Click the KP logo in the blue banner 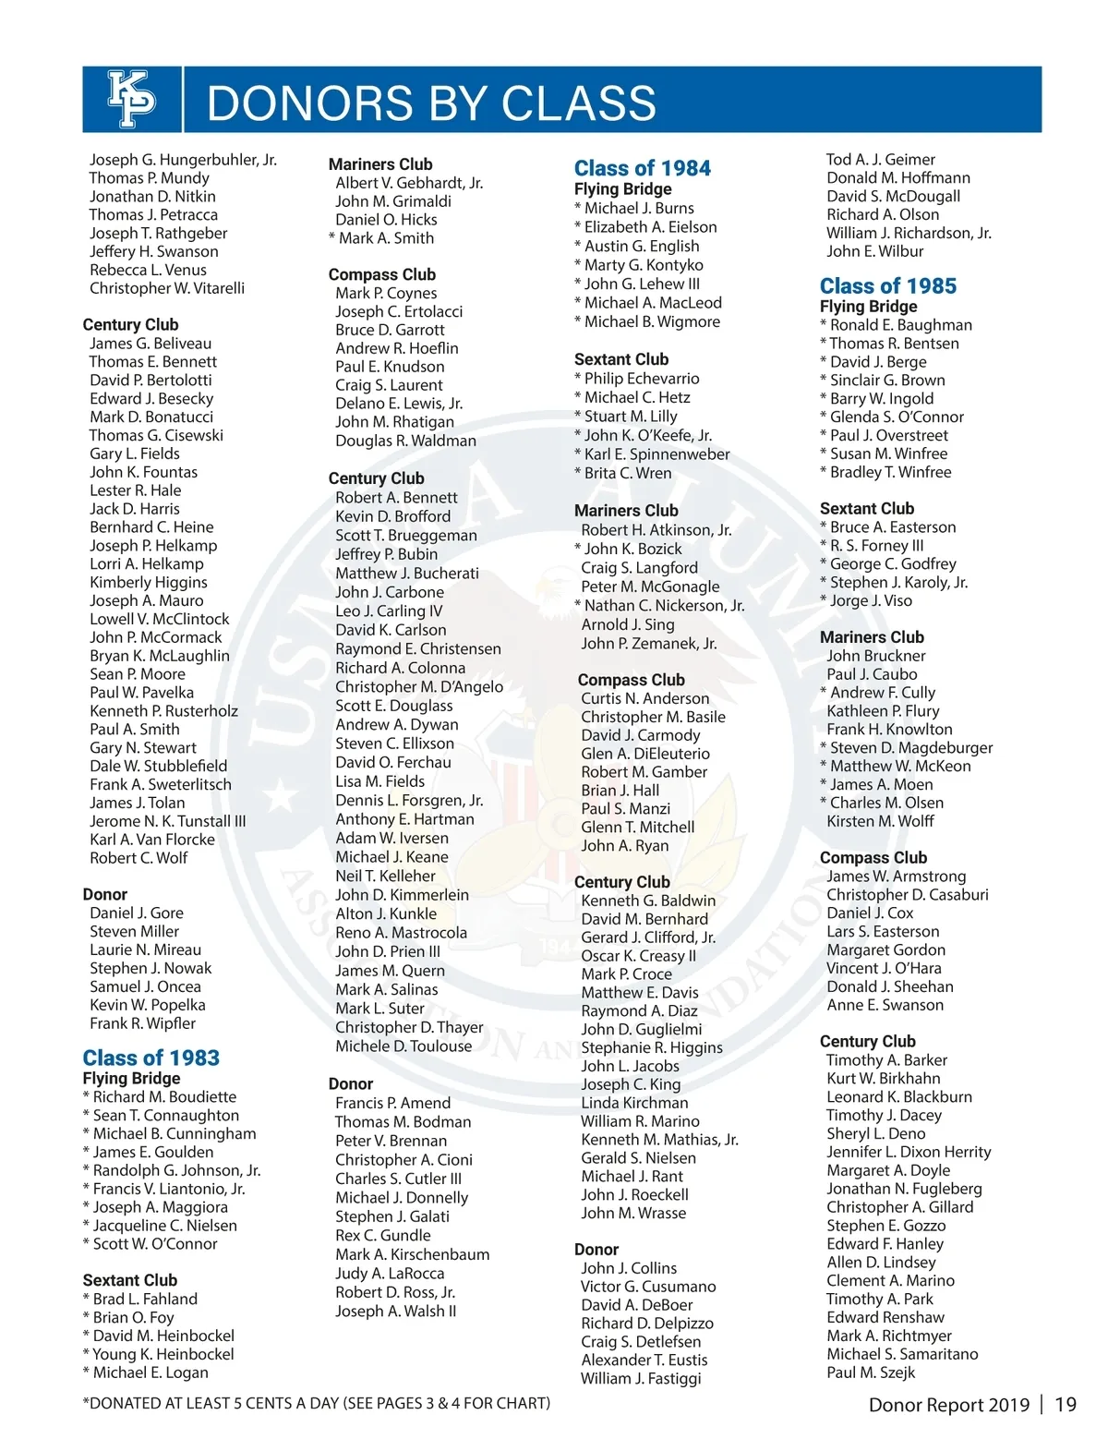tap(132, 99)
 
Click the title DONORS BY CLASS tap(431, 103)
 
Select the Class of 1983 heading tap(151, 1058)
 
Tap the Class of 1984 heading tap(643, 168)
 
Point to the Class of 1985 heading tap(888, 286)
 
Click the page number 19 tap(1066, 1405)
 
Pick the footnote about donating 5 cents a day tap(317, 1403)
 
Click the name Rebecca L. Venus tap(148, 270)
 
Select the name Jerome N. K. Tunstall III tap(168, 821)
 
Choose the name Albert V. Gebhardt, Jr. tap(409, 183)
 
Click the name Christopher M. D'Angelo tap(419, 686)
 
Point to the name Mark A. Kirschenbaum tap(413, 1254)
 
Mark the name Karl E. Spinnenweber tap(656, 453)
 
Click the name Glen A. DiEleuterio tap(645, 754)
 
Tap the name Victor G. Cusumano tap(648, 1287)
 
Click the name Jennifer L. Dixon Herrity tap(909, 1152)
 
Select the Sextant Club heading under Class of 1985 tap(867, 508)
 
